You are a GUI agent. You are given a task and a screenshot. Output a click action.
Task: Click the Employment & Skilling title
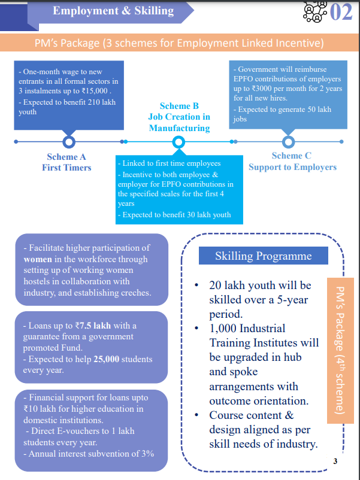(113, 10)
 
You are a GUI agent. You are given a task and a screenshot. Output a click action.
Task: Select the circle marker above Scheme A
(68, 142)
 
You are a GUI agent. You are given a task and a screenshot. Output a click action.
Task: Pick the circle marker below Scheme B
(178, 142)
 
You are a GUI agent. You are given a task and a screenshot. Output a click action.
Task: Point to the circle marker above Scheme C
(288, 142)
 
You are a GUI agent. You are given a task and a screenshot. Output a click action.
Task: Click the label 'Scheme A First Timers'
(66, 162)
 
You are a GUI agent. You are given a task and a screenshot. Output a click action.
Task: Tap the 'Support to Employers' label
(292, 167)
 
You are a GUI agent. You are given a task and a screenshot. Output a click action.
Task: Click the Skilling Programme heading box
(264, 256)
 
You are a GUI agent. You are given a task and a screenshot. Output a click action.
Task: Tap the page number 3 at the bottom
(335, 461)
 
